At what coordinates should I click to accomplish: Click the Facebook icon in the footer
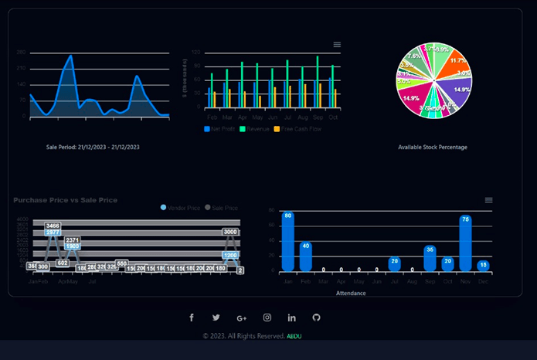[x=192, y=318]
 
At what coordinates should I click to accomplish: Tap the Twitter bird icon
[x=216, y=318]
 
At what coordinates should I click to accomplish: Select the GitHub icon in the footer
[x=316, y=318]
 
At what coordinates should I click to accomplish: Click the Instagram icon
[x=267, y=318]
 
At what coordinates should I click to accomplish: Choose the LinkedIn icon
[x=291, y=318]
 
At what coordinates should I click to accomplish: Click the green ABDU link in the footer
[x=294, y=336]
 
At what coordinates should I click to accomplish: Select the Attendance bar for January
[x=288, y=241]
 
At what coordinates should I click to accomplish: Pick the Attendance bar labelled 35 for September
[x=430, y=258]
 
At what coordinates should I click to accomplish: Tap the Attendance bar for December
[x=483, y=265]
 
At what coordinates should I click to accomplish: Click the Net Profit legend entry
[x=220, y=129]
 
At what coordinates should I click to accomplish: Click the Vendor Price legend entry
[x=181, y=208]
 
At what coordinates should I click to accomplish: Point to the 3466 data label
[x=53, y=226]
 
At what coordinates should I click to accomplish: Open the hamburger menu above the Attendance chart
[x=488, y=200]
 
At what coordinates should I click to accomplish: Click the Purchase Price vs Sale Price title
[x=66, y=200]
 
